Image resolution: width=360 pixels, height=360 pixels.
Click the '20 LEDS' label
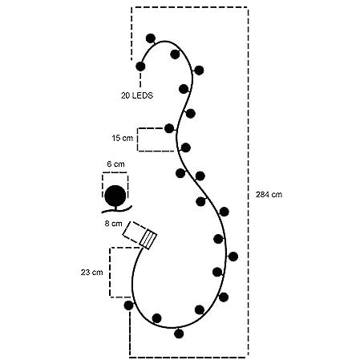click(137, 95)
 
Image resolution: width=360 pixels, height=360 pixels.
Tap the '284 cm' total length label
click(269, 195)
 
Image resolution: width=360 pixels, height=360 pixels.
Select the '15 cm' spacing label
click(122, 138)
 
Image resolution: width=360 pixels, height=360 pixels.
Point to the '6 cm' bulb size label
click(115, 164)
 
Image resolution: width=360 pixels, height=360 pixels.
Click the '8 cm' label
click(113, 224)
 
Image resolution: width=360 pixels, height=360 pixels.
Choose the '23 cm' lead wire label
click(91, 273)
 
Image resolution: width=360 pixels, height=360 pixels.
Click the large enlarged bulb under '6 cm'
click(115, 196)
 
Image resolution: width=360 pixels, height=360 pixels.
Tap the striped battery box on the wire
click(148, 240)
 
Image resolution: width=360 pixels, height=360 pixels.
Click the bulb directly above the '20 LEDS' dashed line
click(140, 67)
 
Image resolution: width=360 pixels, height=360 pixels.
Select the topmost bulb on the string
click(151, 38)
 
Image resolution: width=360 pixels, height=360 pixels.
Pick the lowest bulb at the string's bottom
click(179, 334)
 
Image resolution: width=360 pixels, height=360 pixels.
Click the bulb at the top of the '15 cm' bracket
click(169, 128)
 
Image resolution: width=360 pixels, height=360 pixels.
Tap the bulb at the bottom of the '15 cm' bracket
click(185, 148)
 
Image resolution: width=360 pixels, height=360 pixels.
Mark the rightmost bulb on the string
click(233, 257)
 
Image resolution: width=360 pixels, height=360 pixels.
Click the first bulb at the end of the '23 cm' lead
click(128, 305)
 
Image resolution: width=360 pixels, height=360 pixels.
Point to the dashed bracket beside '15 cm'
click(137, 140)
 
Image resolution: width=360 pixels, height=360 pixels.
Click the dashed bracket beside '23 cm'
click(110, 273)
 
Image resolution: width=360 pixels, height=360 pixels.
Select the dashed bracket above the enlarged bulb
click(115, 173)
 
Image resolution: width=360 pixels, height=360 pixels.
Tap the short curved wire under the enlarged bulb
click(117, 210)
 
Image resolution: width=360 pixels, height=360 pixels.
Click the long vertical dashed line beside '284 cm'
click(248, 182)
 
